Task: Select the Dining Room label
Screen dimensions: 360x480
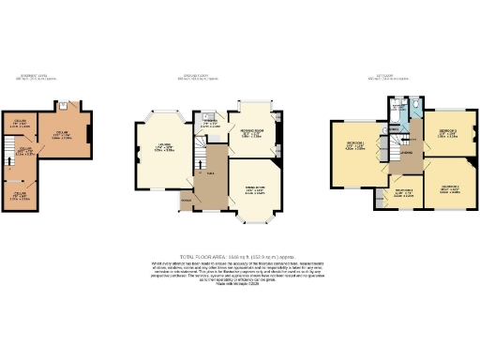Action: point(254,191)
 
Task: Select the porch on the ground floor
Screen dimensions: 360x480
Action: point(186,201)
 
